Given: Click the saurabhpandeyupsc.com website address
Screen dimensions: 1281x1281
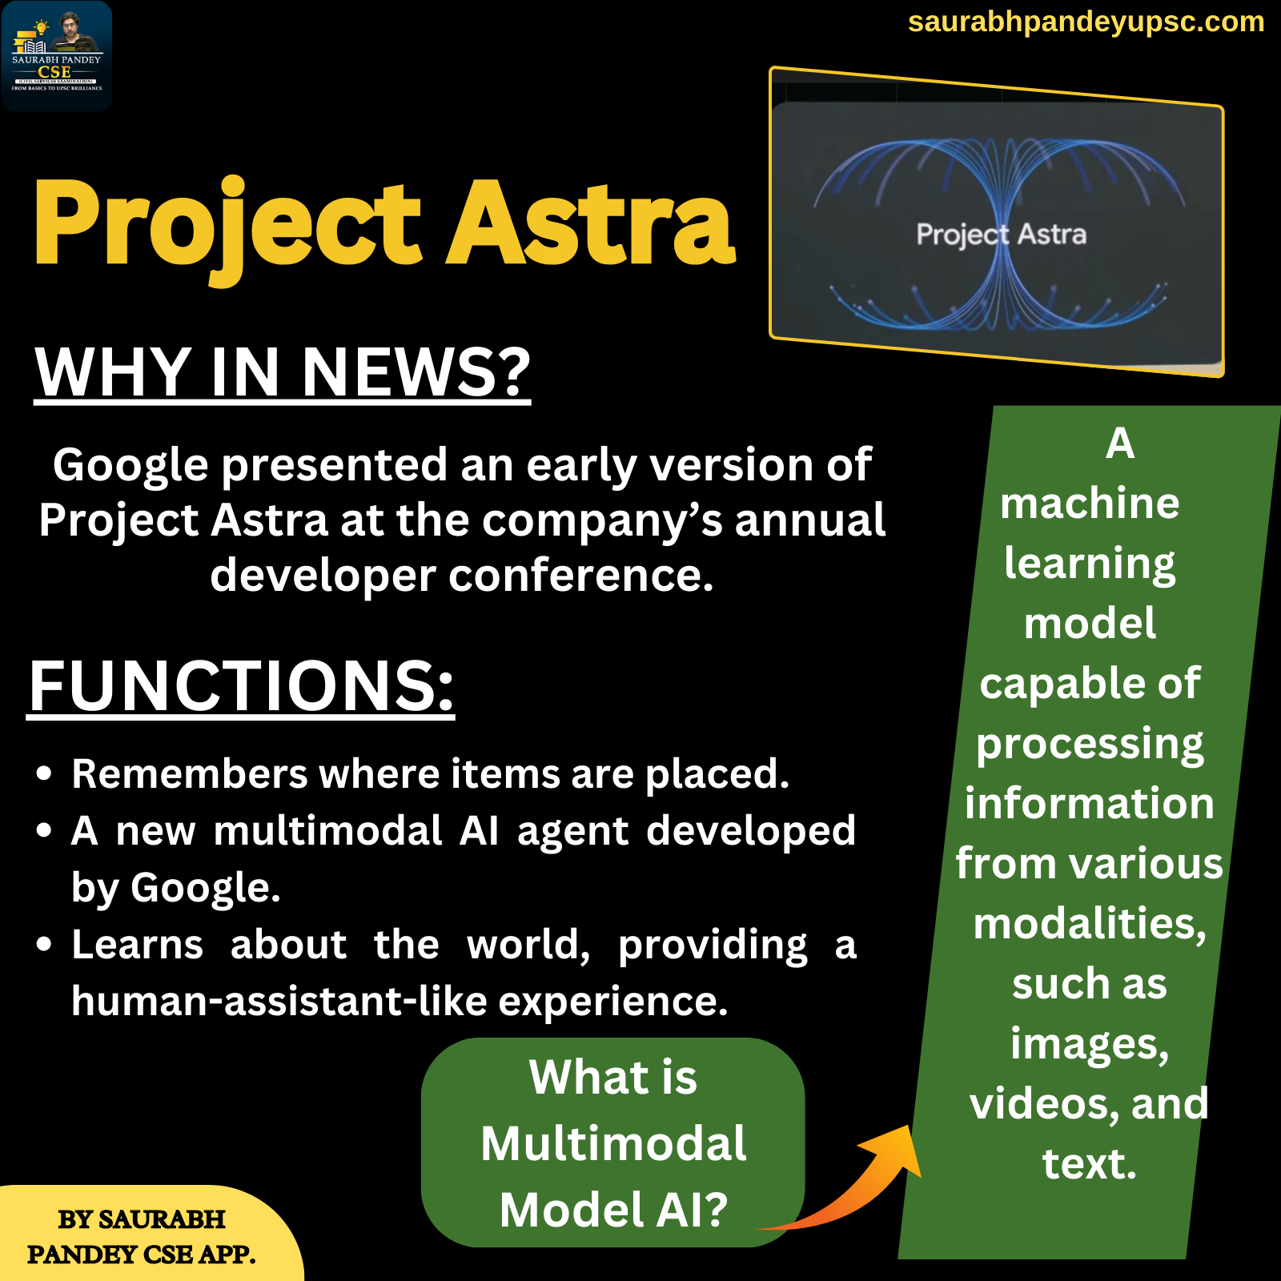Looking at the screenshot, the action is click(1086, 22).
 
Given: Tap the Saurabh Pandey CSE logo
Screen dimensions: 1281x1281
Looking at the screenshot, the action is click(57, 55).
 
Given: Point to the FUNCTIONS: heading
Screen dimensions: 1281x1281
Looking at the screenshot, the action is click(241, 686).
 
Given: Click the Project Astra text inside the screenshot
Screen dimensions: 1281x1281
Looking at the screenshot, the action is click(1002, 235).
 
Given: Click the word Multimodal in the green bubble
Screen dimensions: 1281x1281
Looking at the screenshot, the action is click(613, 1142).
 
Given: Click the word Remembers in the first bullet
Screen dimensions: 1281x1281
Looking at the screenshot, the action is click(190, 773).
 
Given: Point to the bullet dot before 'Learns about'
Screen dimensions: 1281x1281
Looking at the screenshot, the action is click(44, 945).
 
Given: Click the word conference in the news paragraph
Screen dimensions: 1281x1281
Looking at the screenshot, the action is click(580, 576).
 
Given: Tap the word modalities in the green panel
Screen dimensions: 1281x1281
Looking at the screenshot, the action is click(1090, 925).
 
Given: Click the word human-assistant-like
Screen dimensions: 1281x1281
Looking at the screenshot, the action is click(279, 1002).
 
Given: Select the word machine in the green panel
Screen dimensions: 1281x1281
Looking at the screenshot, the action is click(1090, 504).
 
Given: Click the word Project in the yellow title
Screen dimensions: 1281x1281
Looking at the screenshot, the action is click(227, 227).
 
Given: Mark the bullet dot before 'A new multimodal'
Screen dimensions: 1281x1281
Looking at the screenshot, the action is click(44, 830).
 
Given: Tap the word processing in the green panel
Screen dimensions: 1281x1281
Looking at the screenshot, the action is click(1090, 745).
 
